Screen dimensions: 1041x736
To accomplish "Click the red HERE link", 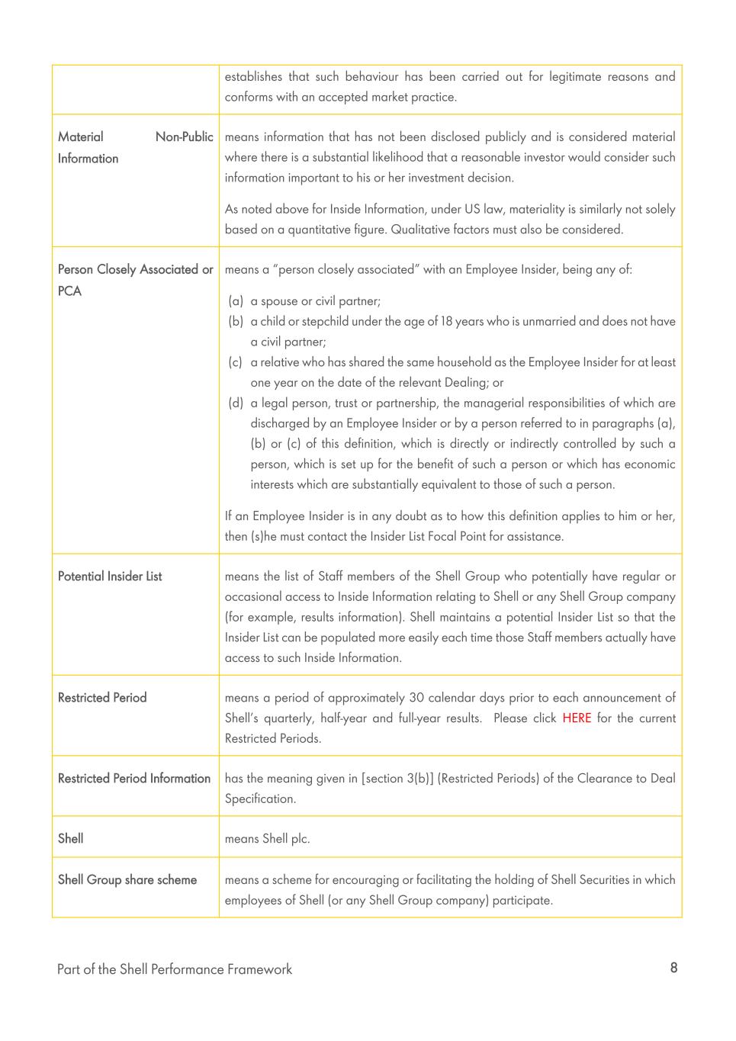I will [x=577, y=718].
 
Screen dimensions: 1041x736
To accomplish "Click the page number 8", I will [x=673, y=968].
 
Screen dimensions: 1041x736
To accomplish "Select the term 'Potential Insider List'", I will [x=110, y=577].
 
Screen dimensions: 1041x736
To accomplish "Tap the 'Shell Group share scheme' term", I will [x=127, y=880].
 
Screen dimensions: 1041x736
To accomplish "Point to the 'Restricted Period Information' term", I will [x=134, y=779].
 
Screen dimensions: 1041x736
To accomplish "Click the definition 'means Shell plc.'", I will [x=267, y=839].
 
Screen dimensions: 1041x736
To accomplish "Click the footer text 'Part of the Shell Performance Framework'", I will [x=175, y=969].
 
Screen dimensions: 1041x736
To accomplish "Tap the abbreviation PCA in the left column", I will [x=69, y=291].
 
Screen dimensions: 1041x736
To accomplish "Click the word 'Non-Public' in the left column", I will [x=185, y=137].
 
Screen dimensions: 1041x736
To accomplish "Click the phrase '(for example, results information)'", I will [x=313, y=618].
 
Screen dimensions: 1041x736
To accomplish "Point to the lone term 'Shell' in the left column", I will [x=71, y=839].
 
